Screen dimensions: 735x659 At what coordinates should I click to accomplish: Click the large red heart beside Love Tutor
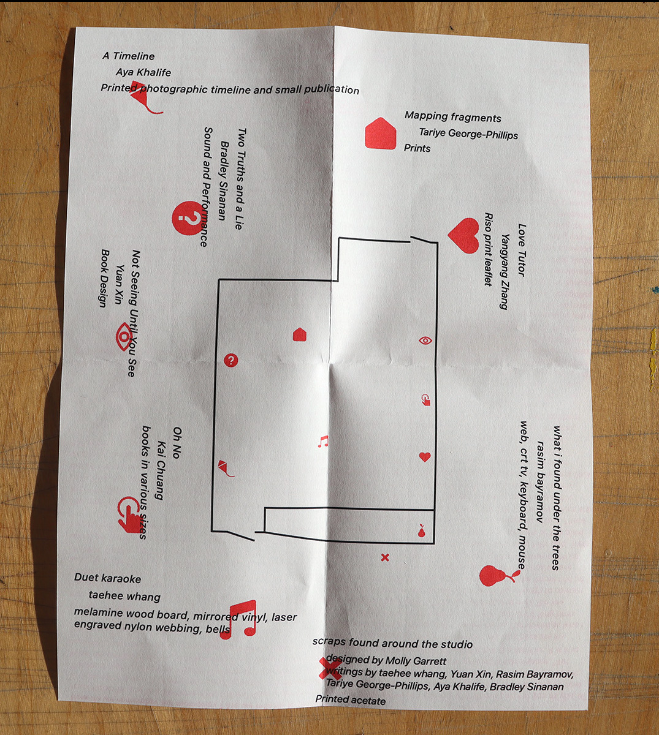pyautogui.click(x=463, y=235)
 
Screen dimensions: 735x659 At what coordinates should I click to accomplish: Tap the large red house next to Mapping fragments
pyautogui.click(x=380, y=134)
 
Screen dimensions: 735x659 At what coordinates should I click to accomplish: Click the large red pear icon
pyautogui.click(x=496, y=575)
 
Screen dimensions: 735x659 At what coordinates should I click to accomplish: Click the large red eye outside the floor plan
pyautogui.click(x=124, y=336)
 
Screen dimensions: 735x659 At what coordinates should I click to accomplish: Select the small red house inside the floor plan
pyautogui.click(x=299, y=334)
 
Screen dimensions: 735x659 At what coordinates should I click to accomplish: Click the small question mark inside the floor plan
pyautogui.click(x=230, y=360)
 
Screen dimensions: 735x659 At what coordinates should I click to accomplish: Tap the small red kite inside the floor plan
pyautogui.click(x=225, y=467)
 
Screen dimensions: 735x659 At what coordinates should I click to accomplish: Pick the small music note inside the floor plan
pyautogui.click(x=323, y=442)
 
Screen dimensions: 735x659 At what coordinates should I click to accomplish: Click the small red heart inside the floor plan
pyautogui.click(x=425, y=457)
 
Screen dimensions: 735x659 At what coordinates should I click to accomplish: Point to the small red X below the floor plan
pyautogui.click(x=385, y=557)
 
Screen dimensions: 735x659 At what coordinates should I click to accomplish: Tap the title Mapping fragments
pyautogui.click(x=453, y=117)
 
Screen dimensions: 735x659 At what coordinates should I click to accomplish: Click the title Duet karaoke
pyautogui.click(x=108, y=578)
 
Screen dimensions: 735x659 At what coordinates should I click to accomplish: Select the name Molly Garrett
pyautogui.click(x=416, y=661)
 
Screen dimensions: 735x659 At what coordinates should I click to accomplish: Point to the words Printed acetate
pyautogui.click(x=351, y=699)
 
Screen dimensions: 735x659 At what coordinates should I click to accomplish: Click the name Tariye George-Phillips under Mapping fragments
pyautogui.click(x=468, y=134)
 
